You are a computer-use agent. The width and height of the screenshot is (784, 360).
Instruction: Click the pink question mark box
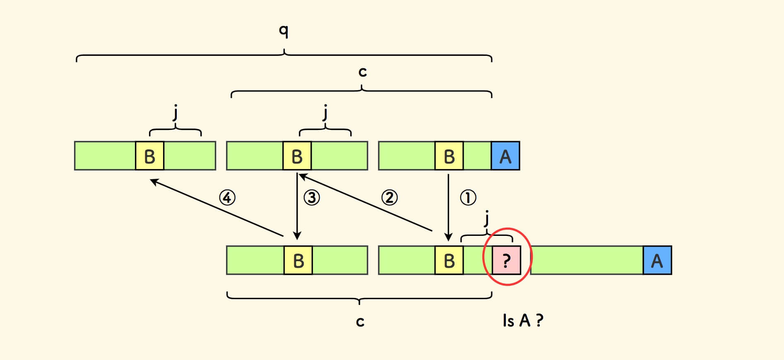(x=506, y=260)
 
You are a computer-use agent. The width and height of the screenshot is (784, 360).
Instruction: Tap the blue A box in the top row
(x=505, y=156)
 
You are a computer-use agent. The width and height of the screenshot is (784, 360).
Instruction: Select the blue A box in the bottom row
(x=657, y=260)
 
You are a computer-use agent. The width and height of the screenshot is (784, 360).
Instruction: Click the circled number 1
(x=468, y=197)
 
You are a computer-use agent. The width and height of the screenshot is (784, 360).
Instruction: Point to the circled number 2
(x=389, y=197)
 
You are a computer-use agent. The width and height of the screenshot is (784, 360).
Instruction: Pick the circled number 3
(x=312, y=197)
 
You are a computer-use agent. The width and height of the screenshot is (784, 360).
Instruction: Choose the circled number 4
(x=227, y=197)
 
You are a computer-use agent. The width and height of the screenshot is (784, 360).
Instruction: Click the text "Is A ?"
(x=522, y=320)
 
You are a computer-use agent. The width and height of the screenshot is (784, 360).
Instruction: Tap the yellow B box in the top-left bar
(x=149, y=156)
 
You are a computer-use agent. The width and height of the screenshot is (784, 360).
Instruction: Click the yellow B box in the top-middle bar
(x=297, y=156)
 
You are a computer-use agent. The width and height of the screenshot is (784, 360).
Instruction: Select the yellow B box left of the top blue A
(x=449, y=156)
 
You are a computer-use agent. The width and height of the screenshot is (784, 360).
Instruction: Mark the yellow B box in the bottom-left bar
(x=298, y=260)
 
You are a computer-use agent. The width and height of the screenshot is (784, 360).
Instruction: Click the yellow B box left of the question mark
(x=449, y=260)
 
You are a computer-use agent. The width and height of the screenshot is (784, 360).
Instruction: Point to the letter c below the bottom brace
(x=360, y=322)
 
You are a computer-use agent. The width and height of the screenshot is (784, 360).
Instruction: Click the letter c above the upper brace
(x=363, y=72)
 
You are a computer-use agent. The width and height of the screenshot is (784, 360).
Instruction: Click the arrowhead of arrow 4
(x=153, y=181)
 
